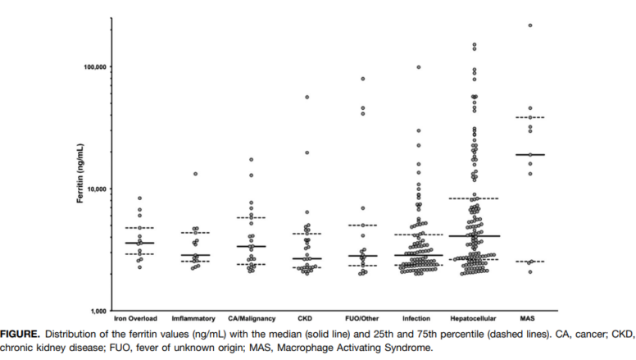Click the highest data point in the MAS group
point(530,25)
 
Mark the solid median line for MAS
point(530,155)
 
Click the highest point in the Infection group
point(419,67)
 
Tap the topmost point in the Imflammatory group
point(195,174)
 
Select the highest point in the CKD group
point(307,98)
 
